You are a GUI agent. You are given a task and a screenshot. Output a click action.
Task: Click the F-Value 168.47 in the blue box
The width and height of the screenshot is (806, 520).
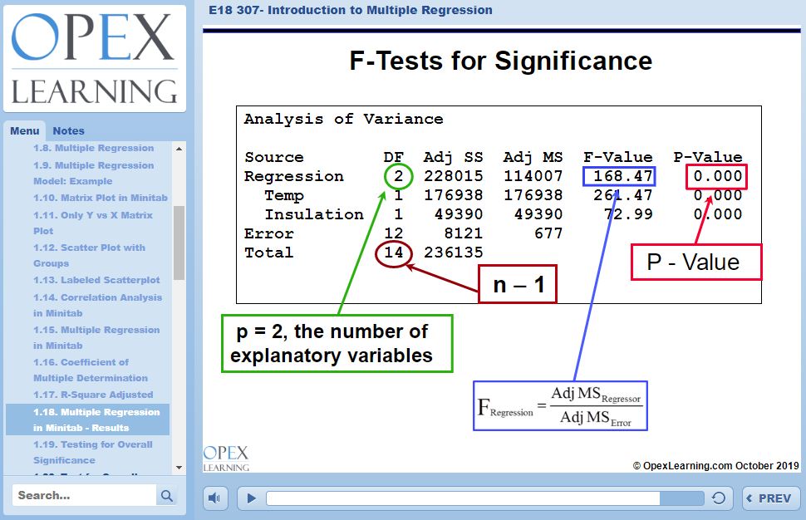[x=620, y=176]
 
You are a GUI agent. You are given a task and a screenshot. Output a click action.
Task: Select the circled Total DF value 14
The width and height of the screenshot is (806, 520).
[x=393, y=253]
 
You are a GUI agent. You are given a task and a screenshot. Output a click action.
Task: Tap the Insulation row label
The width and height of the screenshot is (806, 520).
[x=314, y=214]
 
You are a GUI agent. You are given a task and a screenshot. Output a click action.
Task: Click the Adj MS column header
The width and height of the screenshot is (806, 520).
[x=533, y=157]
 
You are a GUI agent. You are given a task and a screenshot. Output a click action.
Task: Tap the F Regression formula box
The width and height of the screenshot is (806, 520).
[x=559, y=406]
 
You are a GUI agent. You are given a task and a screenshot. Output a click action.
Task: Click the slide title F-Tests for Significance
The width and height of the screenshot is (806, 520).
[x=501, y=61]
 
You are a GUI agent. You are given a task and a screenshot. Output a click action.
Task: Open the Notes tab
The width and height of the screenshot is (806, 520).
[x=68, y=130]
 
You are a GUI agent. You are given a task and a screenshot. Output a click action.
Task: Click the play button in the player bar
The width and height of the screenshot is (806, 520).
[x=250, y=498]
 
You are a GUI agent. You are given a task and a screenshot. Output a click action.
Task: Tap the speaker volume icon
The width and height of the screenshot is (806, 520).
[x=215, y=498]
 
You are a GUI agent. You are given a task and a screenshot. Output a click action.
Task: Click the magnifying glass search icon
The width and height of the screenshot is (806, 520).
[x=167, y=496]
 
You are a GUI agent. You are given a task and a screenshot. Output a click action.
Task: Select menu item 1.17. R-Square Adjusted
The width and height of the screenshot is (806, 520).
[x=93, y=395]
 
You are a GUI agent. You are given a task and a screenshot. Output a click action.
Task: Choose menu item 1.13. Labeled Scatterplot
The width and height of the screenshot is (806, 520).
[x=96, y=280]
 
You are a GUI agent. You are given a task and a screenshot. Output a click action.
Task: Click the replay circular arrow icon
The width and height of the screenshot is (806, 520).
[x=720, y=498]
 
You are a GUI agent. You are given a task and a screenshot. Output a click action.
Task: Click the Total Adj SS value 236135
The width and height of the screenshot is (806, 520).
[x=453, y=253]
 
